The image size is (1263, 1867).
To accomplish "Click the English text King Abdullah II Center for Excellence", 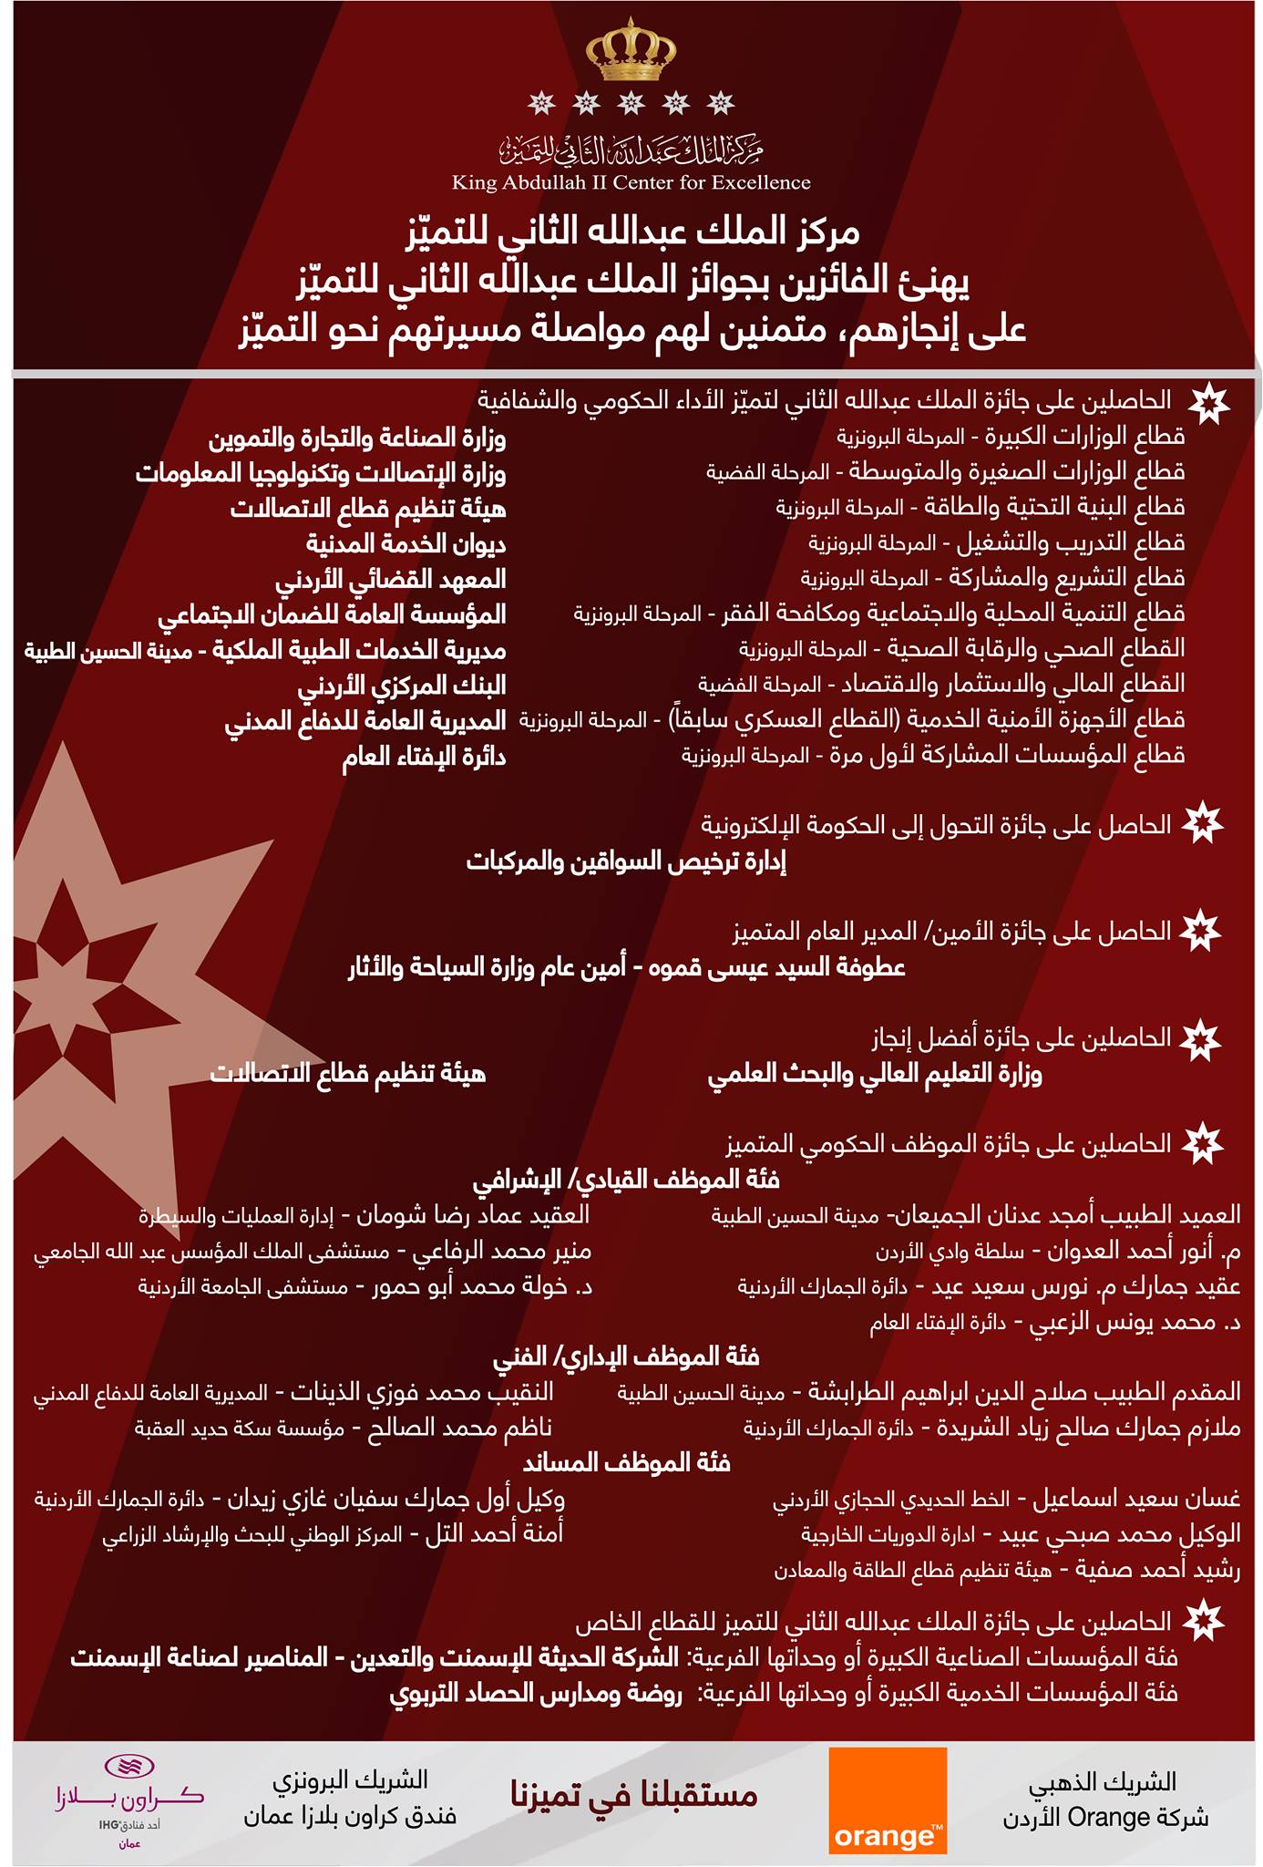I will (x=631, y=183).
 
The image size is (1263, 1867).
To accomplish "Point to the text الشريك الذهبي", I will (x=1131, y=1778).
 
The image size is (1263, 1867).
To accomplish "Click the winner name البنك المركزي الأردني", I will (x=402, y=686).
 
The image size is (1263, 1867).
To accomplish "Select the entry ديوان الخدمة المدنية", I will (x=406, y=544).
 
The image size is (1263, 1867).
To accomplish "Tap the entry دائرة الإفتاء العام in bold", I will (x=424, y=757).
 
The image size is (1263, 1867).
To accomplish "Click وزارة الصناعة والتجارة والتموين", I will (x=357, y=438).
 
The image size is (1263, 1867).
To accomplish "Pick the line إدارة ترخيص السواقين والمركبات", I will (x=626, y=861).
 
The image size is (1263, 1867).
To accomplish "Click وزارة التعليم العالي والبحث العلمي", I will (x=875, y=1074).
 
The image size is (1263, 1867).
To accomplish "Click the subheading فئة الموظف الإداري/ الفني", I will (x=626, y=1356).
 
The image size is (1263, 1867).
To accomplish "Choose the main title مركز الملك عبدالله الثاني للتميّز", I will (x=631, y=234).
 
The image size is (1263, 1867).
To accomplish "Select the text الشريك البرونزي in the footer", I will (x=351, y=1778).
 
